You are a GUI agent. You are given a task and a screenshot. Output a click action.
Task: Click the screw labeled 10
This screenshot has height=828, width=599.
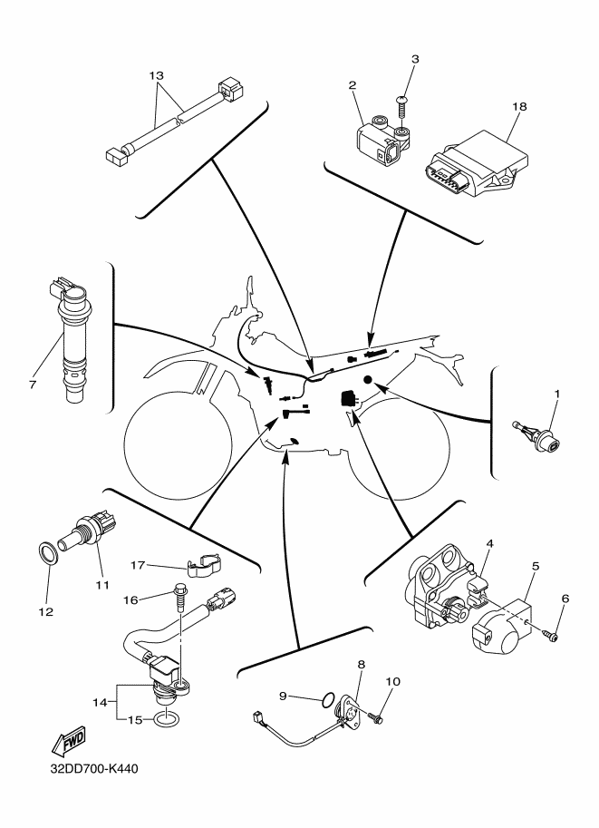click(380, 718)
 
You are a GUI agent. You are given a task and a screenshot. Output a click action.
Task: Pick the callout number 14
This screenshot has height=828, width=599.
click(101, 701)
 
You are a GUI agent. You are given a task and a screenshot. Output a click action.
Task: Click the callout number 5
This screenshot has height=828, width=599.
click(536, 566)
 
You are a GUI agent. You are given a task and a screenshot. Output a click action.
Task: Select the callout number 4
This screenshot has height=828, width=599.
click(488, 543)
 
